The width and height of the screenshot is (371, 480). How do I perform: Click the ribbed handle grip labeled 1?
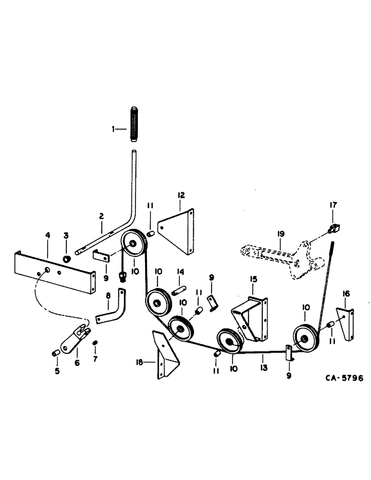133,127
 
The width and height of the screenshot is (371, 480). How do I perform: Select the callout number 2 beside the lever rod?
101,217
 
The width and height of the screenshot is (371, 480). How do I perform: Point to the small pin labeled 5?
55,353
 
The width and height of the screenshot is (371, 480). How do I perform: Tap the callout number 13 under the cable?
263,357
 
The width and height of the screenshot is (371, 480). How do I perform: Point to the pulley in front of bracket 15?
228,342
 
